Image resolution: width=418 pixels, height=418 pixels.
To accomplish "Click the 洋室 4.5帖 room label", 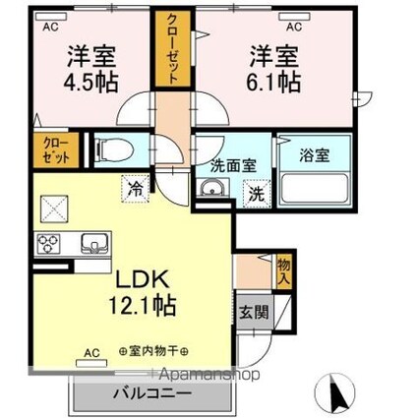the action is click(90, 69).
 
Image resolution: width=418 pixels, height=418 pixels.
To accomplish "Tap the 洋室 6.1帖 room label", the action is click(273, 69).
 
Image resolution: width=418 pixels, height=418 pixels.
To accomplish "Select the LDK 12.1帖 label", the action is click(142, 292).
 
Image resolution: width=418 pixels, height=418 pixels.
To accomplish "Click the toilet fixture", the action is click(114, 150).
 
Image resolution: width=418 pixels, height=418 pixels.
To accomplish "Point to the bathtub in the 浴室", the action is click(315, 190).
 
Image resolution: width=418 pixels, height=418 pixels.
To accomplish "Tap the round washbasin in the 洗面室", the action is click(211, 189).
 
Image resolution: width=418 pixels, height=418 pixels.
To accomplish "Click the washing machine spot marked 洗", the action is click(257, 194).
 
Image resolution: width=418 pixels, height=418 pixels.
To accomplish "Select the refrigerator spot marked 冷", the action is click(136, 189).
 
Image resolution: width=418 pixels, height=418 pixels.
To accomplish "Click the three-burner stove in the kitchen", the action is click(48, 244).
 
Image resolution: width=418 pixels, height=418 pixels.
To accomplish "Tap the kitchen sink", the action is click(94, 244).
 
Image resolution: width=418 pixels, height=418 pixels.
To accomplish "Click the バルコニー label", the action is click(151, 393).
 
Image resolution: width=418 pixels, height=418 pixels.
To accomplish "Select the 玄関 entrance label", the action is click(254, 313).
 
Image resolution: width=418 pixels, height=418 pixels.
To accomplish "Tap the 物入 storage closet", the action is click(284, 271).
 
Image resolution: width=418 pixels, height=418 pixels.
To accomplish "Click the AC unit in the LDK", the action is click(91, 363).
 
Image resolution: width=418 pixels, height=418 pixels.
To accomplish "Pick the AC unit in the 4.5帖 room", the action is click(51, 17).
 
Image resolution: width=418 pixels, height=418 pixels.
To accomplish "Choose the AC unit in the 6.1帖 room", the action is click(294, 17).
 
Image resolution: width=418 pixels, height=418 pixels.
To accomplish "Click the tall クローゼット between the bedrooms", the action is click(173, 49).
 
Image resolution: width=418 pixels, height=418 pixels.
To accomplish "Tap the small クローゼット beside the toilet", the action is click(56, 150).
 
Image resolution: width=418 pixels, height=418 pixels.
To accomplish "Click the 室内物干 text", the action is click(153, 352).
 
